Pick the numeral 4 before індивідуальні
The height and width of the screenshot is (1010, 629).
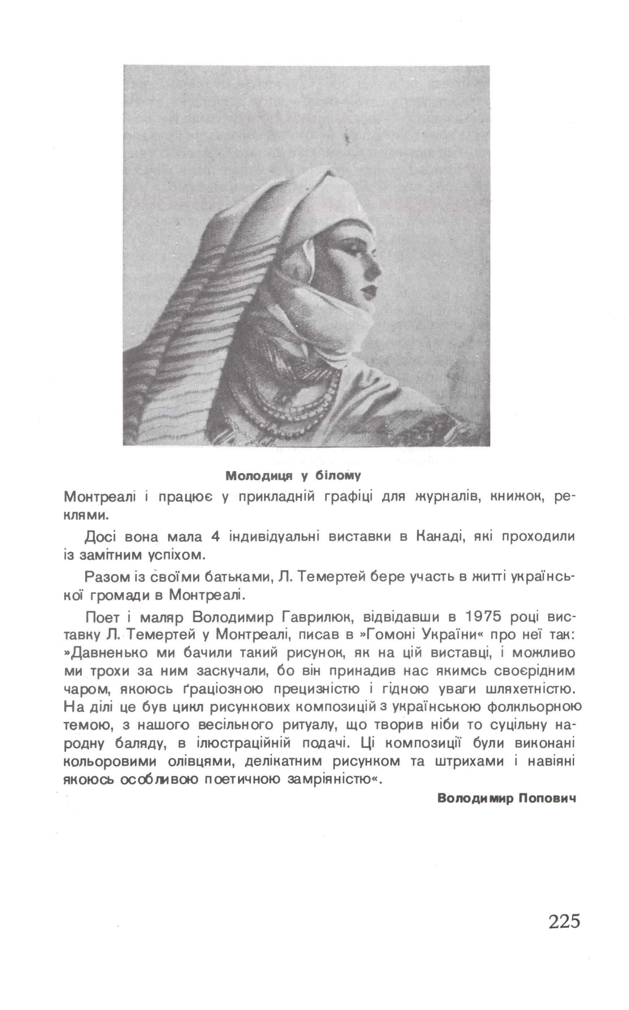click(x=215, y=537)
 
